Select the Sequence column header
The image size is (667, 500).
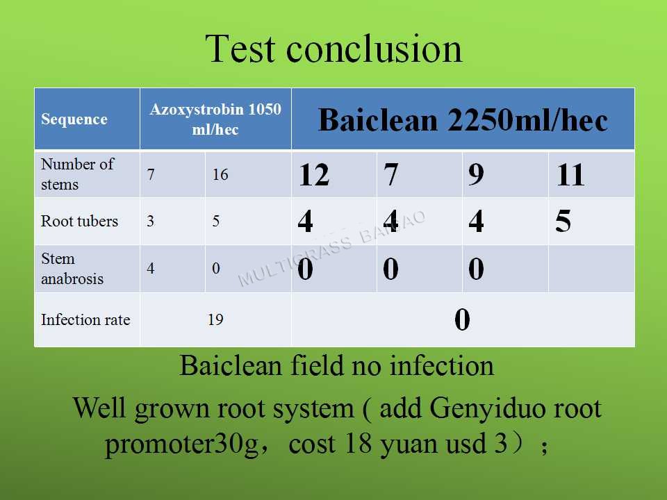pyautogui.click(x=74, y=119)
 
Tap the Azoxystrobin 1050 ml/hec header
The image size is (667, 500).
pyautogui.click(x=215, y=119)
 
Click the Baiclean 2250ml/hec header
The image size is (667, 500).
pyautogui.click(x=463, y=120)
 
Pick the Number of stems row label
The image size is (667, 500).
pyautogui.click(x=77, y=174)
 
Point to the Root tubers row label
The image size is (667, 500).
pyautogui.click(x=79, y=221)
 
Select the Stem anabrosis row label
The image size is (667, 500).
pyautogui.click(x=72, y=268)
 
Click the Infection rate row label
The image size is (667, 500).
pyautogui.click(x=85, y=319)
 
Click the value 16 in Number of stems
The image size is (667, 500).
pyautogui.click(x=220, y=174)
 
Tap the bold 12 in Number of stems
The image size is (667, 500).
pyautogui.click(x=314, y=175)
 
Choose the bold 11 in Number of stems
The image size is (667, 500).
pyautogui.click(x=570, y=175)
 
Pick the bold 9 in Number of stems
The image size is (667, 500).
pyautogui.click(x=476, y=175)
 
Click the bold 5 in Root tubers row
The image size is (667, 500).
pyautogui.click(x=563, y=221)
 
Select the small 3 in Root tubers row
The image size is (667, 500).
pyautogui.click(x=150, y=221)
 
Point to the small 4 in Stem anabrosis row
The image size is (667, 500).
pyautogui.click(x=150, y=268)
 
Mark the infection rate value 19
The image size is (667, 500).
pyautogui.click(x=215, y=319)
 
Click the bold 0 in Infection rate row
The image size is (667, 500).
pyautogui.click(x=463, y=319)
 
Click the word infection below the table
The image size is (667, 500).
pyautogui.click(x=442, y=366)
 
